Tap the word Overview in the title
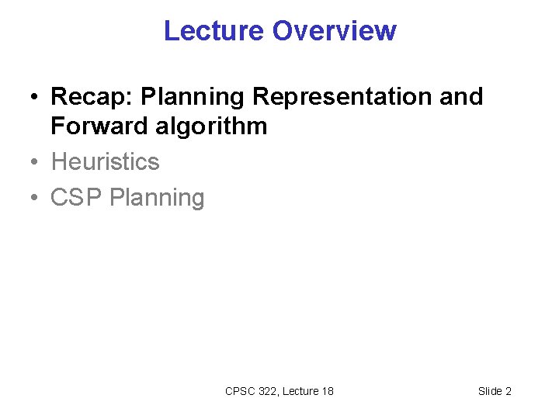(334, 31)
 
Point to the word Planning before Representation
(193, 97)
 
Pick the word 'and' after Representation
(460, 97)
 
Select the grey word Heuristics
(105, 161)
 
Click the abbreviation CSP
(77, 198)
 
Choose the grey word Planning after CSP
(157, 198)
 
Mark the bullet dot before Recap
(36, 98)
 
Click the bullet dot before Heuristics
(36, 162)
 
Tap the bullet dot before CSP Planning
(36, 199)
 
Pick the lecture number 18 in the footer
(328, 391)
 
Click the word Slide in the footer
(490, 391)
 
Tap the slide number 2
(509, 391)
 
